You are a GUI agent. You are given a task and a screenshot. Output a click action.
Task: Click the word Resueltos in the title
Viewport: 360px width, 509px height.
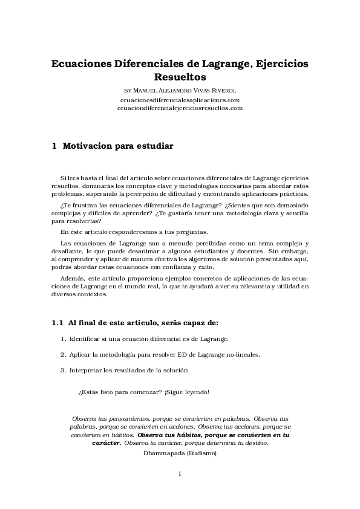pos(180,77)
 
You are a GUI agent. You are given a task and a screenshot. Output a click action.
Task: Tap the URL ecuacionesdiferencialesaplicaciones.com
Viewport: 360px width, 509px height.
pos(180,99)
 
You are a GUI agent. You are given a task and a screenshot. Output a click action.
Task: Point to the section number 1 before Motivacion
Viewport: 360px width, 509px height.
pos(54,146)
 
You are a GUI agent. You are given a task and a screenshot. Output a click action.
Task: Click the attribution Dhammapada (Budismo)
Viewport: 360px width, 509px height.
pos(180,452)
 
